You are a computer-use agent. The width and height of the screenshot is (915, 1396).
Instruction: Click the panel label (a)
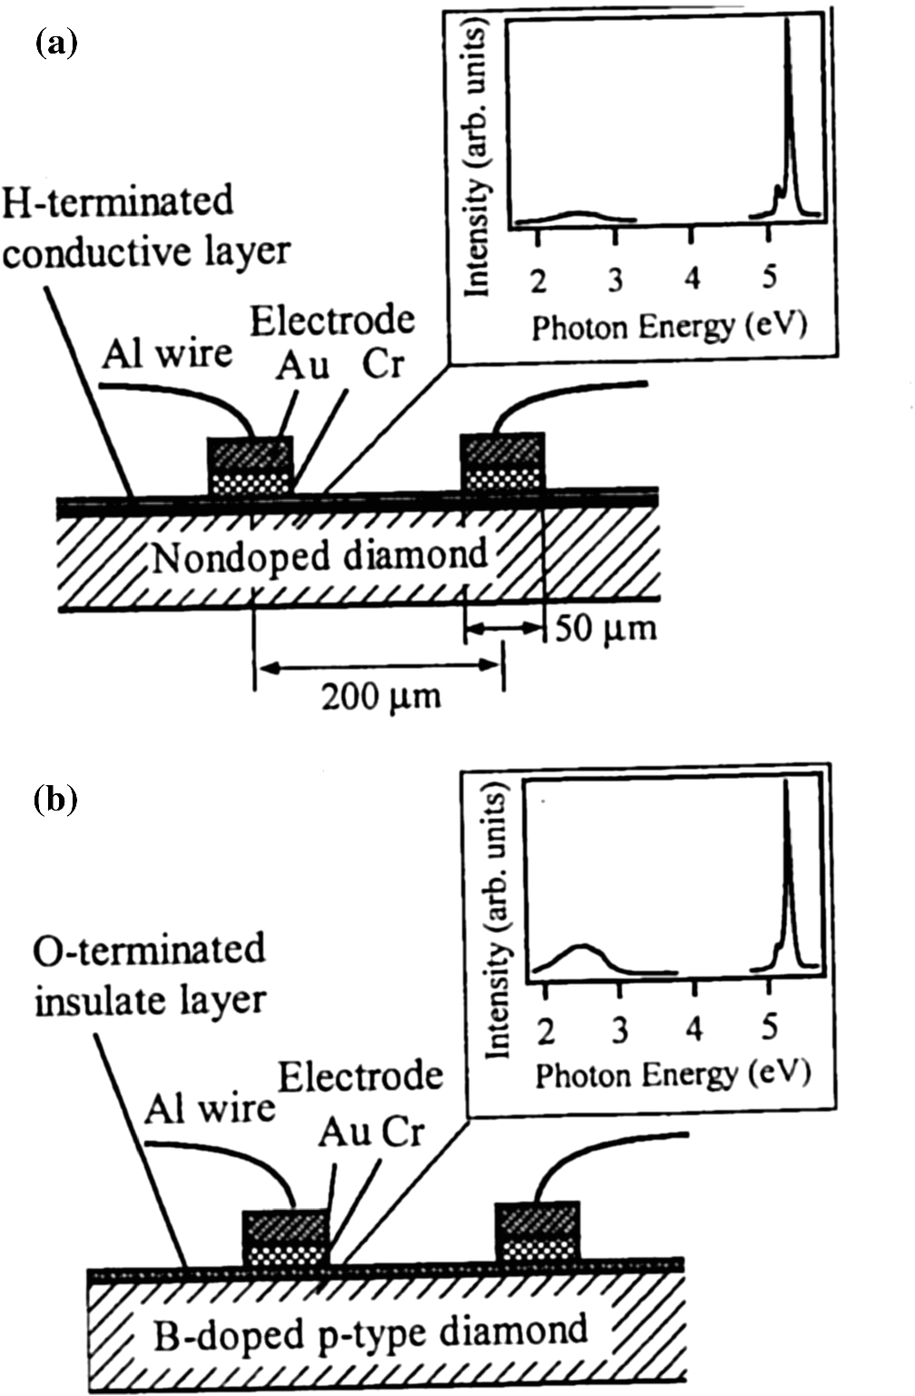55,43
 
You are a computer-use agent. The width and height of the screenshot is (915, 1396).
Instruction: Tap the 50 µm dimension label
605,627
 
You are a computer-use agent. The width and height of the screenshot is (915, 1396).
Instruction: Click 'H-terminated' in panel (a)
118,202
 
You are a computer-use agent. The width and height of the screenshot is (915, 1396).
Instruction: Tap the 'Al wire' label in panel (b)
210,1107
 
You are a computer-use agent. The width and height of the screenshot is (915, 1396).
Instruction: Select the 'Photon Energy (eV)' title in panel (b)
672,1075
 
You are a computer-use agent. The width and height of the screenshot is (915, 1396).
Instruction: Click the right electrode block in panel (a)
502,463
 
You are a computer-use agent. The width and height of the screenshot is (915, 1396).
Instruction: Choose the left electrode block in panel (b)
285,1238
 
